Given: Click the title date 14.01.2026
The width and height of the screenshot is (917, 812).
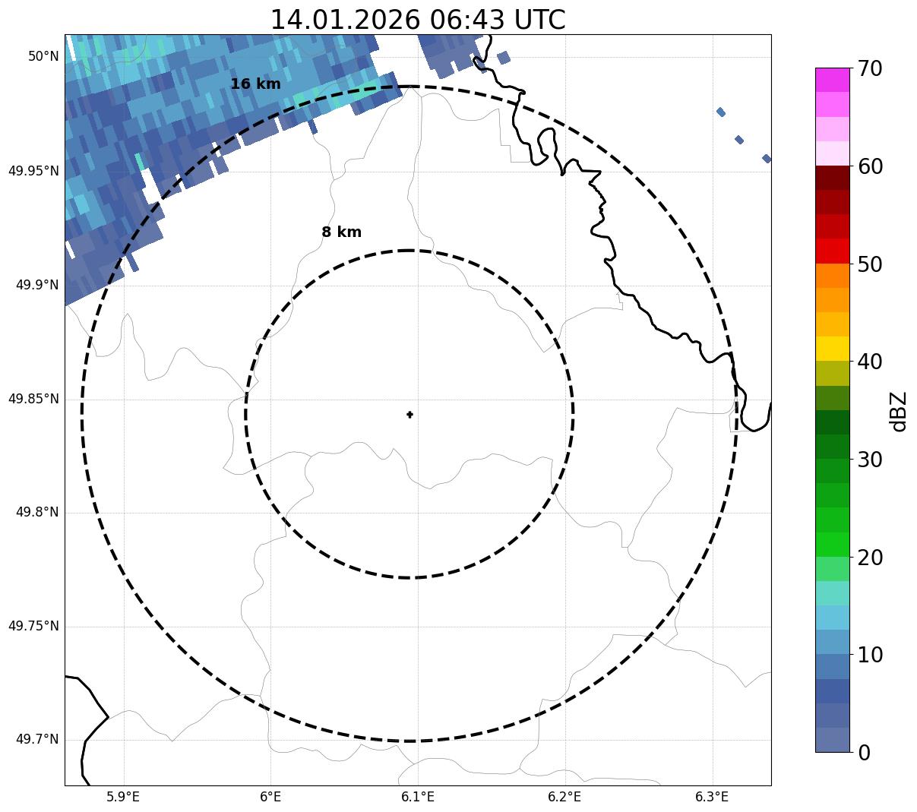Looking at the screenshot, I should (344, 20).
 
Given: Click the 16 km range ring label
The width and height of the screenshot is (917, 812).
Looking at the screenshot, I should (255, 84).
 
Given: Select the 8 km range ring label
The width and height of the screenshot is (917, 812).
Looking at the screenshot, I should (341, 232).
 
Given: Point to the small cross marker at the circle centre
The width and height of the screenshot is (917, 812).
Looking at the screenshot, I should (409, 415).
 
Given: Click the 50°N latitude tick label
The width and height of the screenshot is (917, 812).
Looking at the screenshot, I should (43, 56).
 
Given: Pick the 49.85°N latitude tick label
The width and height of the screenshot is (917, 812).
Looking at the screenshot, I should (33, 399).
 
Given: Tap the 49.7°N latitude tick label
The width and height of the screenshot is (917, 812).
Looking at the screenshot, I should (37, 740).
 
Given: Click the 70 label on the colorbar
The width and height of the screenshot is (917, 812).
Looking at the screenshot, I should (870, 69).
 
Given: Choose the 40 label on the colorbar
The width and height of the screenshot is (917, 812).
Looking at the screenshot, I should (870, 362).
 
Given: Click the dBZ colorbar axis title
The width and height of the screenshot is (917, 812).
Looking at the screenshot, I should (899, 411).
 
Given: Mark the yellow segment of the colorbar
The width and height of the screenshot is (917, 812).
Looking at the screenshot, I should (832, 349).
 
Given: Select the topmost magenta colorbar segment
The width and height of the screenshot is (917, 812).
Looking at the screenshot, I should (832, 80).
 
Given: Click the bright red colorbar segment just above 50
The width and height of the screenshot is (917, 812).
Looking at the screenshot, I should (832, 251).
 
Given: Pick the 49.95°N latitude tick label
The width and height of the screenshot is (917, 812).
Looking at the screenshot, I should (33, 171).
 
